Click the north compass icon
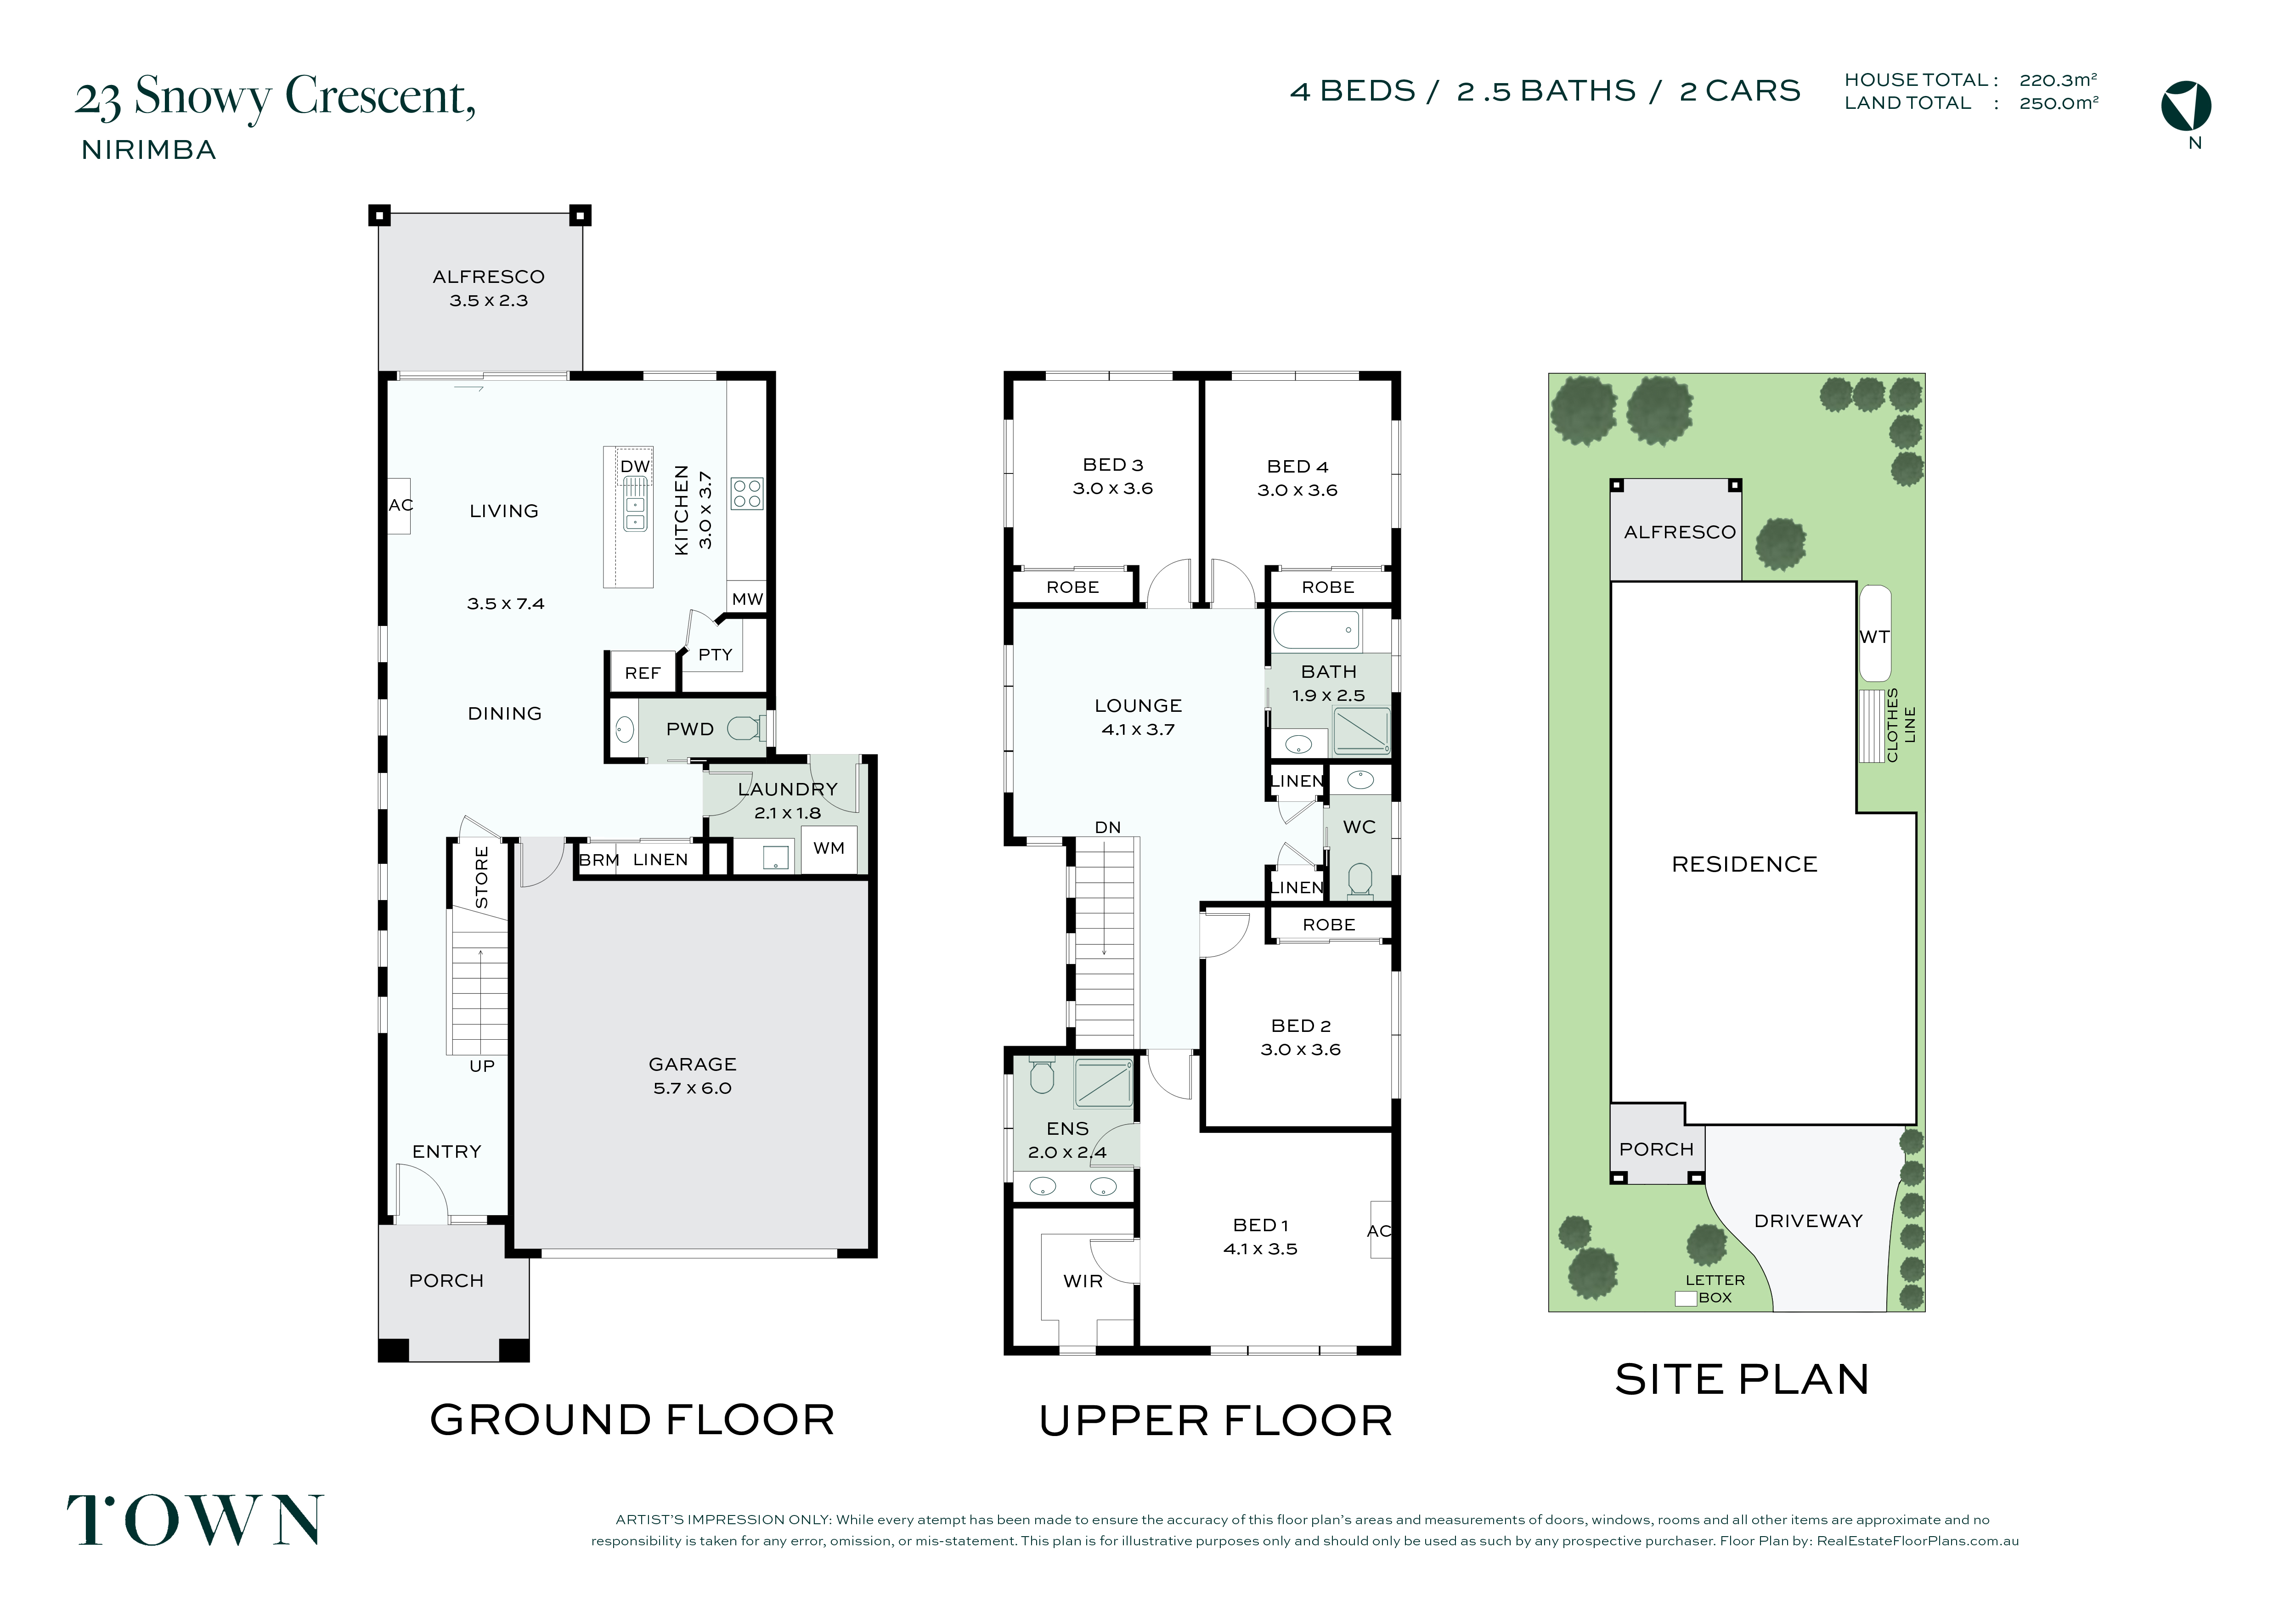(x=2187, y=106)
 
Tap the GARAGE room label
(x=693, y=1064)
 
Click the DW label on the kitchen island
(x=635, y=467)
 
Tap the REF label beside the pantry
(x=642, y=673)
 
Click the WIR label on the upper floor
(x=1083, y=1281)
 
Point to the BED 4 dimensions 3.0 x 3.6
(x=1297, y=490)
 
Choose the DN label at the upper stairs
(x=1108, y=828)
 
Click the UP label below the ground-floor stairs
(x=482, y=1066)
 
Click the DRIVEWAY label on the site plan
(x=1809, y=1221)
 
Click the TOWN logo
(x=195, y=1520)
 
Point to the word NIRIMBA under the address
(x=149, y=150)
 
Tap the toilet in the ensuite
(x=1042, y=1076)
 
